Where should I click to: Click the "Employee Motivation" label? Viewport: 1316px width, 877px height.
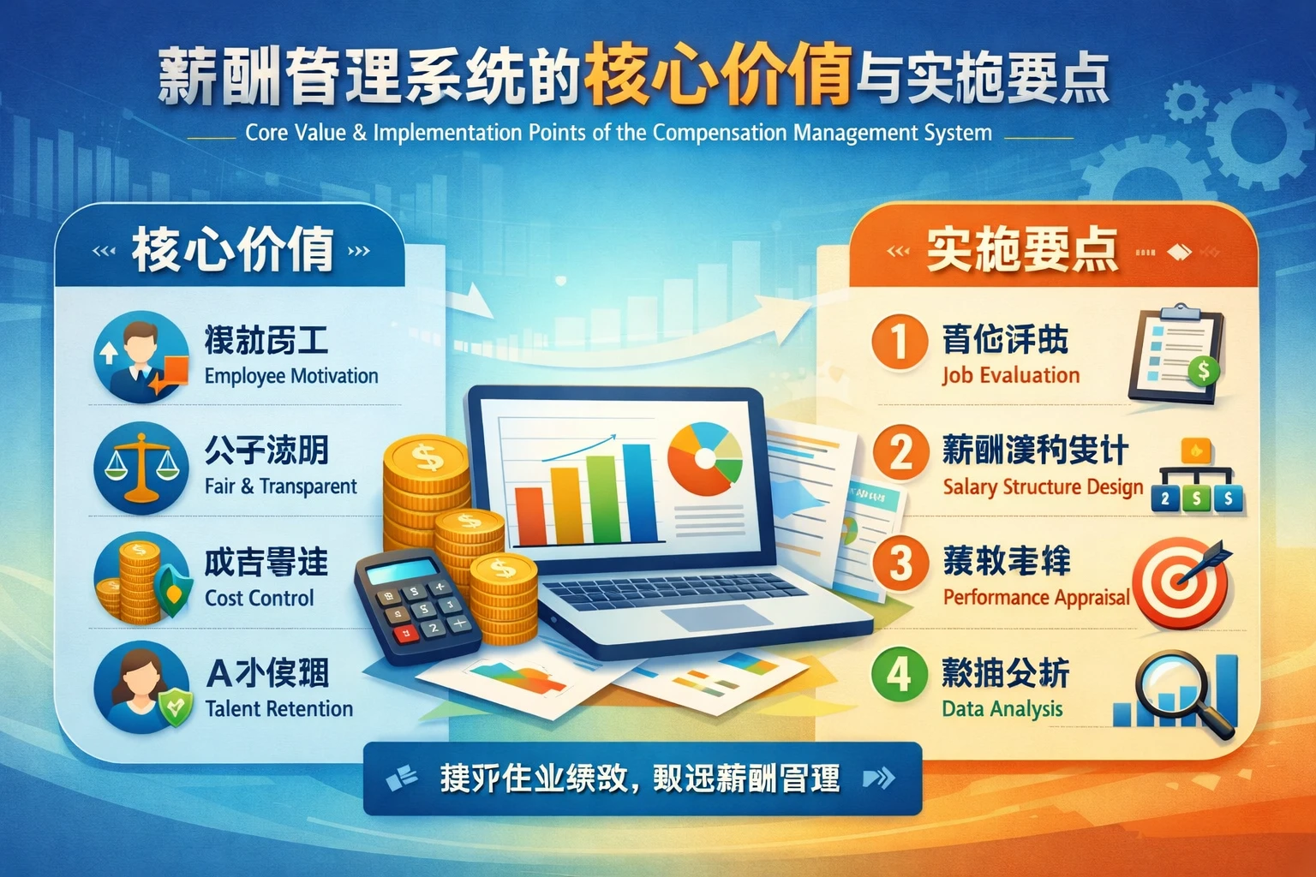coord(291,376)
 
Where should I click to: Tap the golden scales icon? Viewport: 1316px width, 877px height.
coord(141,468)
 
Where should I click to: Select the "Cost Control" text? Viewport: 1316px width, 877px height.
coord(259,598)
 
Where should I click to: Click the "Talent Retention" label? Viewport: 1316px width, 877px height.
coord(279,708)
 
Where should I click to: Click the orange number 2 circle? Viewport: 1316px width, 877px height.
coord(900,452)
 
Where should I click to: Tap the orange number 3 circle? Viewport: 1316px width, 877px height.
coord(900,564)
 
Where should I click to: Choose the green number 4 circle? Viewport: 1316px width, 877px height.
coord(899,674)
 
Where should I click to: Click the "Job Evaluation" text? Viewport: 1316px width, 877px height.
coord(1011,375)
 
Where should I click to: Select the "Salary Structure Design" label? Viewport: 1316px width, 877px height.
coord(1043,486)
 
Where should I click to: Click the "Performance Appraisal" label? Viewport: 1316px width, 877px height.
coord(1036,597)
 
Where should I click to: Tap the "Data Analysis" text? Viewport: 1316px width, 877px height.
coord(1002,708)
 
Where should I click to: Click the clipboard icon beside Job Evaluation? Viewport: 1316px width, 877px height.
coord(1176,355)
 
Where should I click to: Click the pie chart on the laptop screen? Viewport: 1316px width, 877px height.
coord(704,459)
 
